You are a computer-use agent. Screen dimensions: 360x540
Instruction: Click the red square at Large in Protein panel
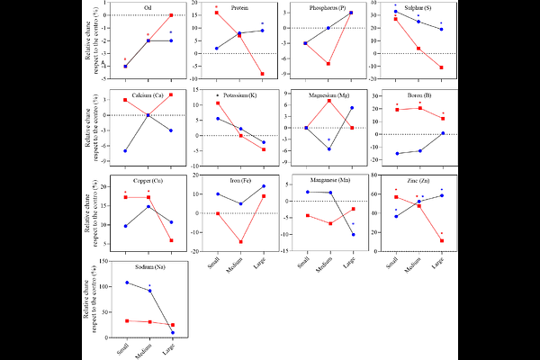(262, 74)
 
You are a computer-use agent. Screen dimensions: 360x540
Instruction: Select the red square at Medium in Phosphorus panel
(328, 64)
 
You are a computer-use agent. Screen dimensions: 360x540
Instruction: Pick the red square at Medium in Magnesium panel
(328, 100)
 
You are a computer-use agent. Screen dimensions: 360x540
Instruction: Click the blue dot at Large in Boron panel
(441, 133)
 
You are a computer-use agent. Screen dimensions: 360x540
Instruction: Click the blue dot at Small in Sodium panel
(126, 283)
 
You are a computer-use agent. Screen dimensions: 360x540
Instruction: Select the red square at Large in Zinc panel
(441, 240)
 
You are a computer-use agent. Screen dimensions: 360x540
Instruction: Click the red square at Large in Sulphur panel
(441, 67)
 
